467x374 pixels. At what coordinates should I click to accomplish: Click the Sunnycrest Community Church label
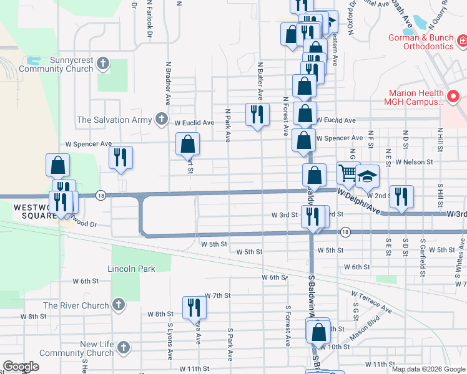coord(56,64)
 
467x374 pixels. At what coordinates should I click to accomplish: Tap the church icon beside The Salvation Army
coord(162,118)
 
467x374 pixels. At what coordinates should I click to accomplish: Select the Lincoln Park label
coord(131,268)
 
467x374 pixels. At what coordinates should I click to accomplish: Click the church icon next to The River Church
coord(118,305)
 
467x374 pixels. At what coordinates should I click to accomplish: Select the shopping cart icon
coord(348,173)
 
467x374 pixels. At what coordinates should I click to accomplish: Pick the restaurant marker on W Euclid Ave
coord(257,114)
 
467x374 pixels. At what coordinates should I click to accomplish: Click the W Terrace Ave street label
coord(371,301)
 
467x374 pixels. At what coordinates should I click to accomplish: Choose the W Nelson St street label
coord(414,161)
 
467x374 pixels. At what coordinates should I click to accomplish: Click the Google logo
coord(21,367)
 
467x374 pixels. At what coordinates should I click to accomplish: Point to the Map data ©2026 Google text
coord(428,369)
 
